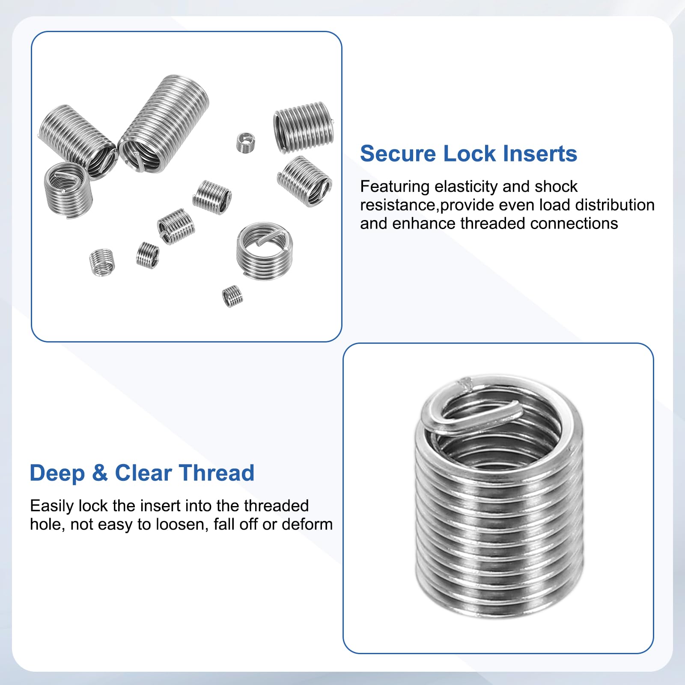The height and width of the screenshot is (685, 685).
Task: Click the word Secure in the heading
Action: tap(398, 154)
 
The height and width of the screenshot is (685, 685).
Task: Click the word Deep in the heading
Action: tap(57, 474)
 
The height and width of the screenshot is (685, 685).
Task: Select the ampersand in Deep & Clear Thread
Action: tap(100, 474)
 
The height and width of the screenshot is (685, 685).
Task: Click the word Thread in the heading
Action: tap(217, 474)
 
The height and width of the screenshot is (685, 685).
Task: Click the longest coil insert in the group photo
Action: tap(164, 124)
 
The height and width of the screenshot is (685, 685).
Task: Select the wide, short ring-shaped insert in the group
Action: tap(265, 250)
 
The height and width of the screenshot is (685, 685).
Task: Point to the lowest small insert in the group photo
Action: tap(232, 296)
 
